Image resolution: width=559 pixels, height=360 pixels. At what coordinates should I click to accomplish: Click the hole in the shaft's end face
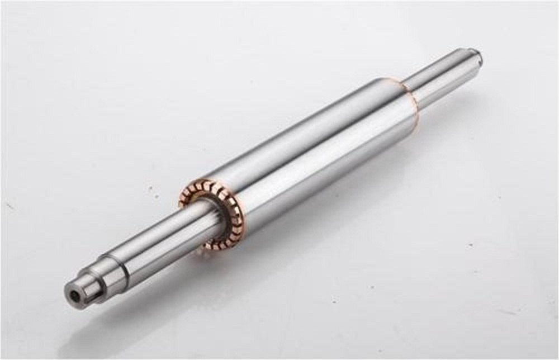(x=74, y=292)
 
